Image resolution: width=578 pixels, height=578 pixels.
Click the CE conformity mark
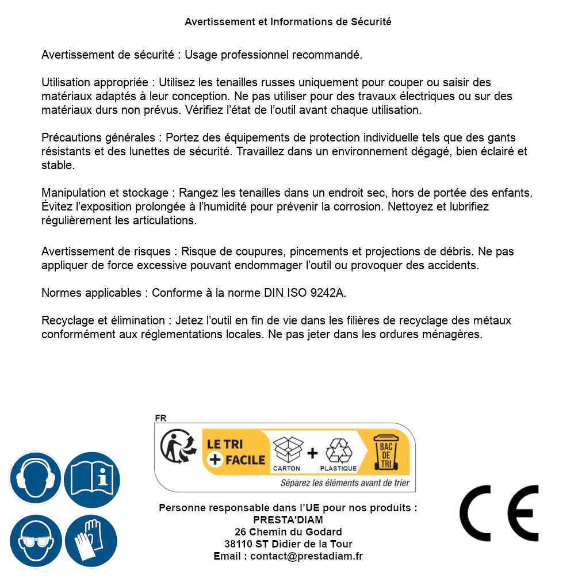(x=499, y=514)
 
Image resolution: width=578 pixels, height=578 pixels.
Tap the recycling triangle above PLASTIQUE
(x=338, y=450)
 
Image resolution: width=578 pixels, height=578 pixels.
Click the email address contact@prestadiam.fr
(x=307, y=556)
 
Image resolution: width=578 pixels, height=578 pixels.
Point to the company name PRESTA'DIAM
(x=288, y=520)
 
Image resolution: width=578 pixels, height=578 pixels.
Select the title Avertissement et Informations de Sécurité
(x=288, y=22)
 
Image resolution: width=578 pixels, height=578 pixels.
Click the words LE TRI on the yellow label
(x=225, y=443)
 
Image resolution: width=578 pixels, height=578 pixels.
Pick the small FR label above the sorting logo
(x=161, y=418)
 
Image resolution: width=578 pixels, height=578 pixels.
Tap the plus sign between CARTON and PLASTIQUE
(x=312, y=453)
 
